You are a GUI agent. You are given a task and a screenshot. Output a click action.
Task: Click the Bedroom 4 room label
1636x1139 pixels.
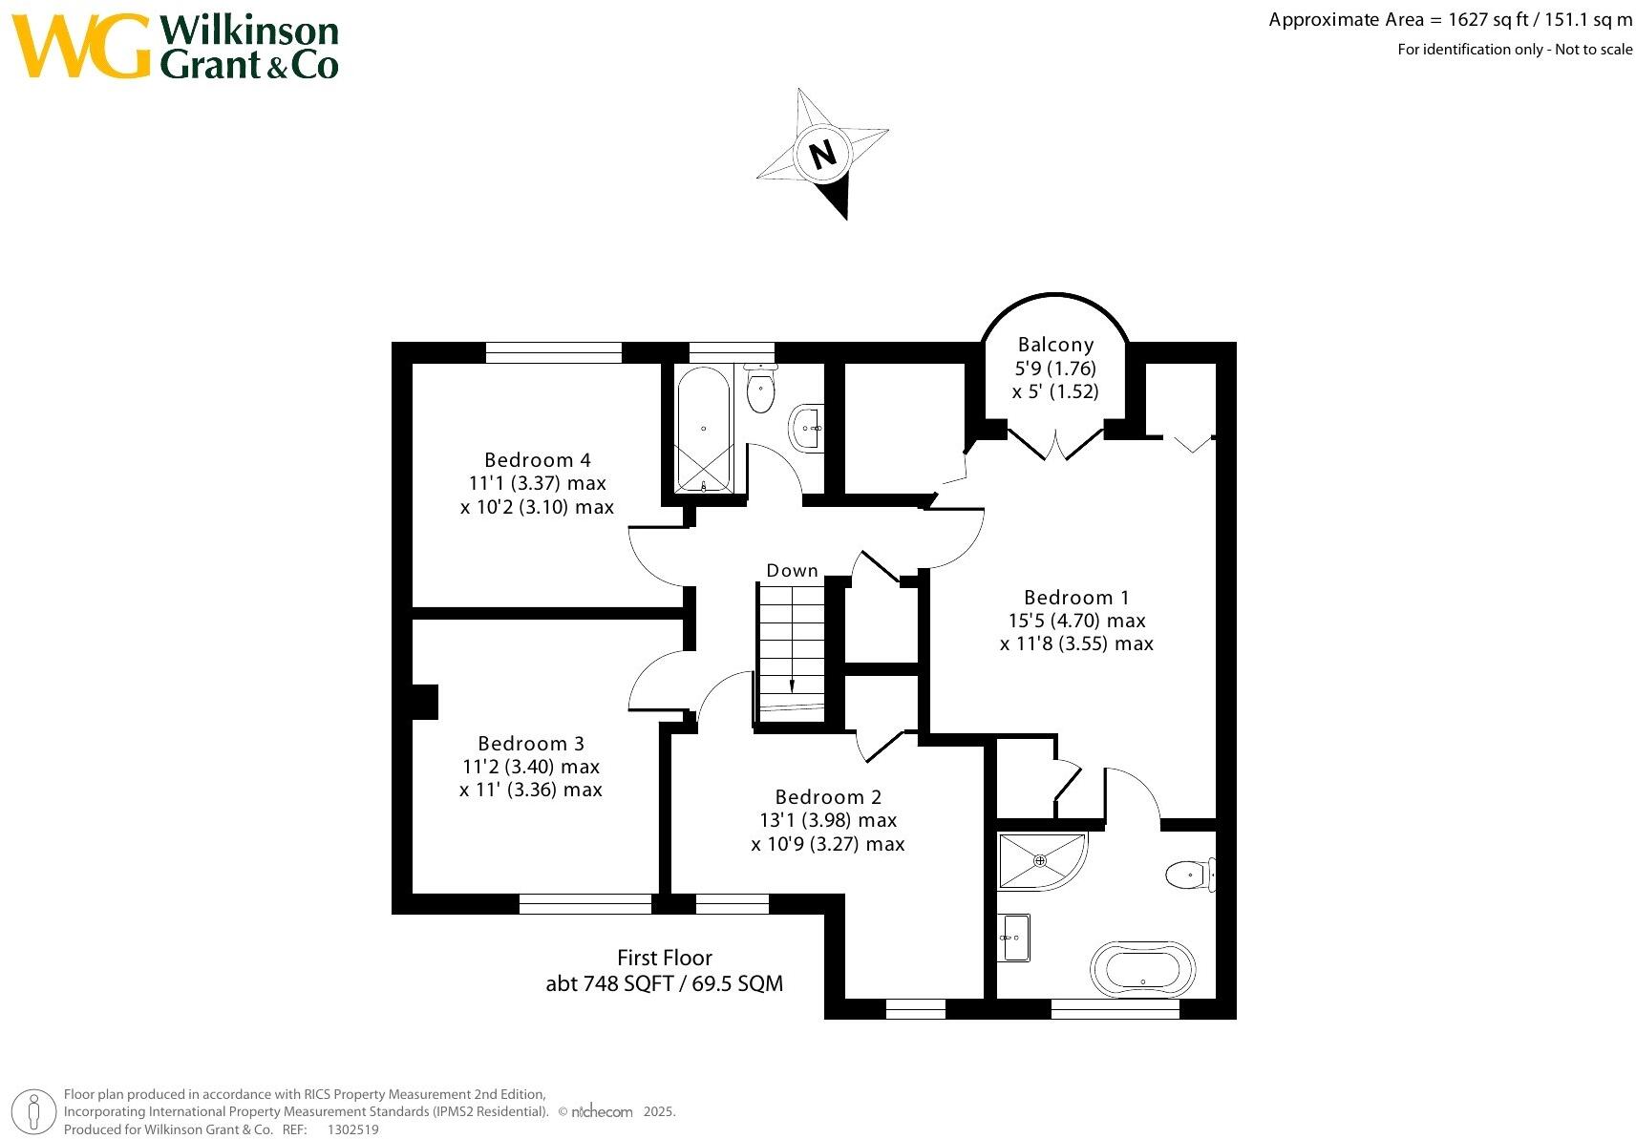pyautogui.click(x=538, y=460)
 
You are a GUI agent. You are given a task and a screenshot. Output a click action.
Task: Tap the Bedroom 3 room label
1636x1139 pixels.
pyautogui.click(x=531, y=744)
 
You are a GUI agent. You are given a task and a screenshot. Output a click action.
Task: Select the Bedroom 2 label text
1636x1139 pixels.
pyautogui.click(x=828, y=796)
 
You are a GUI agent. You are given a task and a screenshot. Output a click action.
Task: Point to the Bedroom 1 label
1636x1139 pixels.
pyautogui.click(x=1076, y=598)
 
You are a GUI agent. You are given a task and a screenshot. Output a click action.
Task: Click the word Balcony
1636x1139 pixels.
pyautogui.click(x=1056, y=345)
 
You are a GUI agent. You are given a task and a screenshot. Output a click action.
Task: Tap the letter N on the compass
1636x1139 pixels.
pyautogui.click(x=822, y=154)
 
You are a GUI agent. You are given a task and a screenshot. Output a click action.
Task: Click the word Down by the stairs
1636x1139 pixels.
pyautogui.click(x=792, y=570)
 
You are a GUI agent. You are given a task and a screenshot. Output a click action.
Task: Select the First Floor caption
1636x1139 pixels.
pyautogui.click(x=665, y=958)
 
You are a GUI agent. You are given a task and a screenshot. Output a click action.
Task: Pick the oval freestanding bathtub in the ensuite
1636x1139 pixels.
pyautogui.click(x=1142, y=970)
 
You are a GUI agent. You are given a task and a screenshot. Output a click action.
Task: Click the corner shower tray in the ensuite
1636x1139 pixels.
pyautogui.click(x=1043, y=862)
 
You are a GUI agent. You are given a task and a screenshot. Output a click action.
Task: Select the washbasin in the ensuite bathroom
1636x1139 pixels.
pyautogui.click(x=1013, y=938)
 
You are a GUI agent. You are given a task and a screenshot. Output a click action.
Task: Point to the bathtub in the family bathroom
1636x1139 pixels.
pyautogui.click(x=703, y=429)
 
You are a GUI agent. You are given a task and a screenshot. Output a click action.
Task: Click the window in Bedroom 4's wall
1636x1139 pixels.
pyautogui.click(x=554, y=352)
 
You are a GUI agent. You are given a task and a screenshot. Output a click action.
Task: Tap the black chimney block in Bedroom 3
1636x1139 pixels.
pyautogui.click(x=425, y=702)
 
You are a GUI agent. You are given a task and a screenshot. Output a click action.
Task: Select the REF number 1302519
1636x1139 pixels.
pyautogui.click(x=352, y=1129)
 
